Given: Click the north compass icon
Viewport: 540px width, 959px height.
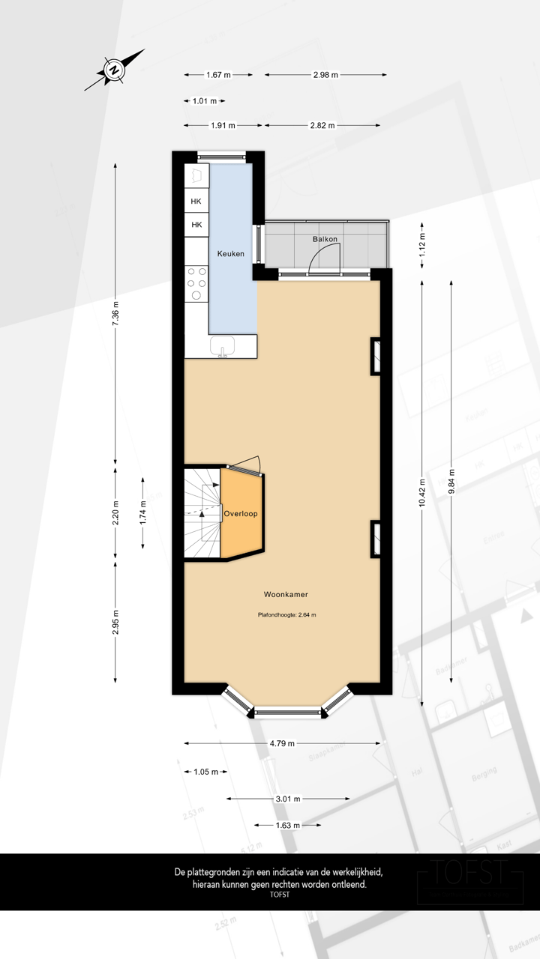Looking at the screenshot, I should point(114,70).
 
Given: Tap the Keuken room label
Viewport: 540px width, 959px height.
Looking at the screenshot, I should point(231,254).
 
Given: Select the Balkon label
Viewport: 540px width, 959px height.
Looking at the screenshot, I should point(325,239).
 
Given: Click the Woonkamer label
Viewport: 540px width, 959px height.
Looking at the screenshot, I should point(286,594).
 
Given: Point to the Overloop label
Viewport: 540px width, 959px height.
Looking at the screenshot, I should point(241,515).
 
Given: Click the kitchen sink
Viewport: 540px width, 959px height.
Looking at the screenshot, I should point(223,346).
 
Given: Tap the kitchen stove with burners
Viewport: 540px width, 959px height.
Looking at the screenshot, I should point(196,283).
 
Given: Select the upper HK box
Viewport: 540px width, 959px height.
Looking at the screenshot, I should point(196,202).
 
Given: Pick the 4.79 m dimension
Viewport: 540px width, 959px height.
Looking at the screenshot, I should point(283,743).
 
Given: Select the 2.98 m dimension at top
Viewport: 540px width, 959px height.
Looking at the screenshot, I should point(325,75).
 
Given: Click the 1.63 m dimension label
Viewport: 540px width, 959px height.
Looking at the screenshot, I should point(287,826).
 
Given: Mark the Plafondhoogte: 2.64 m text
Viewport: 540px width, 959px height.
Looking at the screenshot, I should point(286,615).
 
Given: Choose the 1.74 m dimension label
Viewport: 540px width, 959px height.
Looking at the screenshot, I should point(143,513).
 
